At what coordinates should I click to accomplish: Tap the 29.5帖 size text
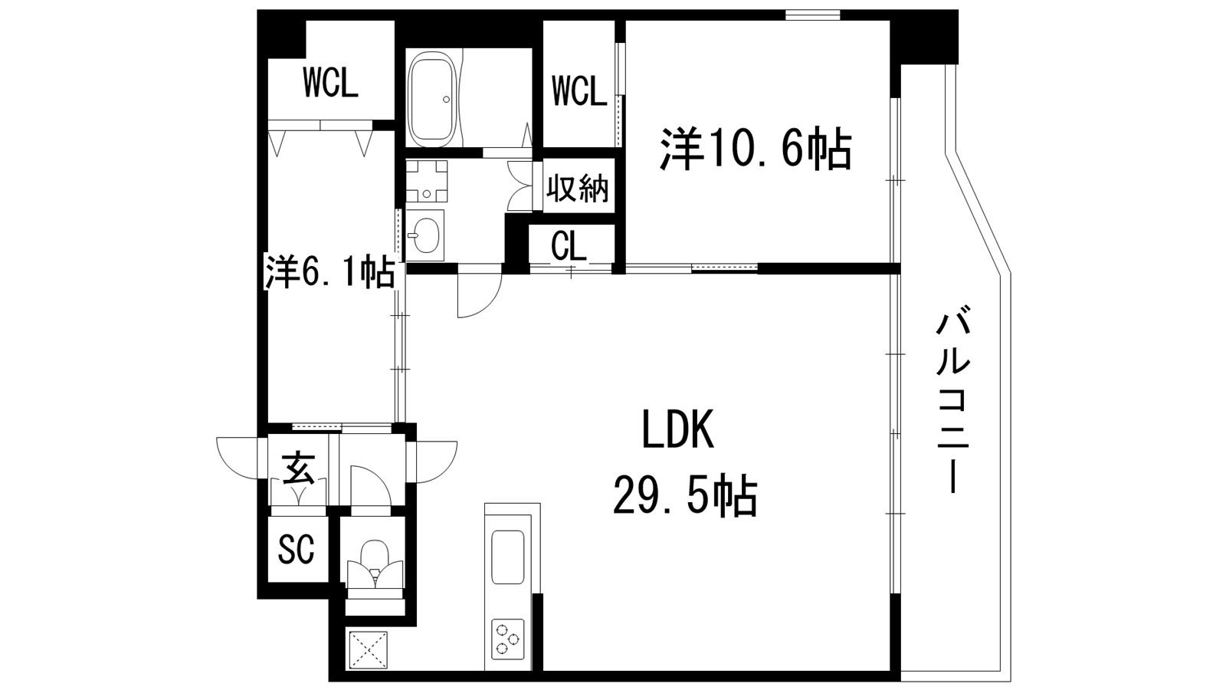[684, 496]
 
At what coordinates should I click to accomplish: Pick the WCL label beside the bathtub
[579, 93]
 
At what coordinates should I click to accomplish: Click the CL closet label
[569, 246]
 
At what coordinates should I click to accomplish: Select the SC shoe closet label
[296, 549]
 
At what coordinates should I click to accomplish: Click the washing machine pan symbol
[426, 180]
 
